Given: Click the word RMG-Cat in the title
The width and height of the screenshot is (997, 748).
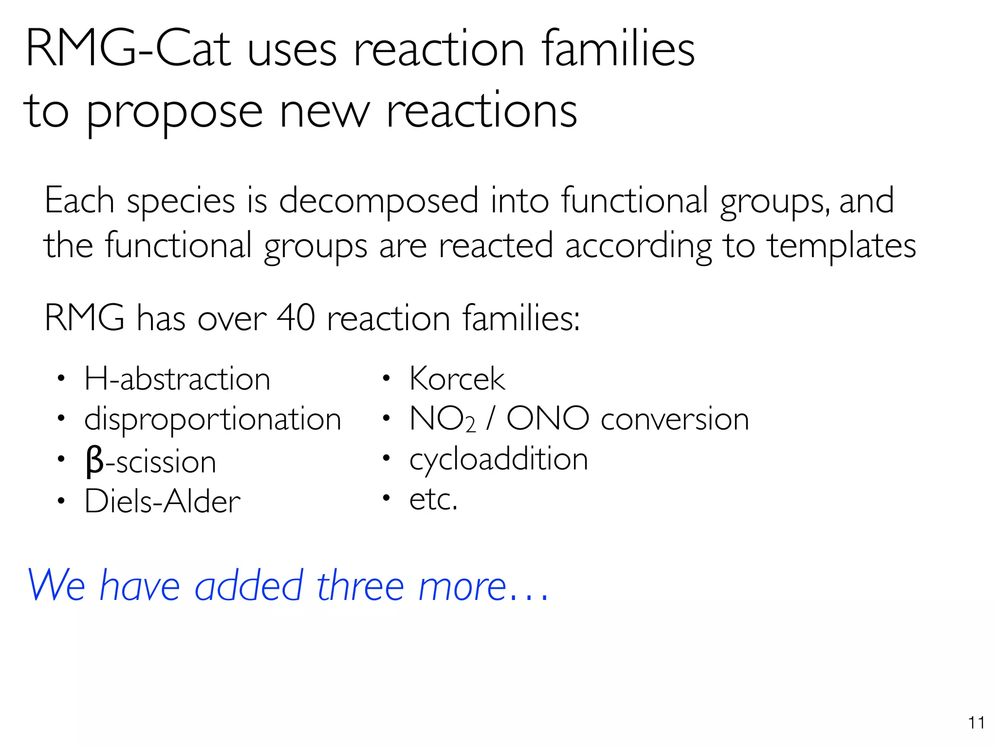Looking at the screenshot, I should [128, 49].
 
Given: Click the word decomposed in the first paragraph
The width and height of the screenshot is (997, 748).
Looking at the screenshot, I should [379, 201].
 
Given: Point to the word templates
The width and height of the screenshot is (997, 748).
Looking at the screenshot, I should [842, 245].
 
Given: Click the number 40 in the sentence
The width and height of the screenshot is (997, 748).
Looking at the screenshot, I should [295, 318].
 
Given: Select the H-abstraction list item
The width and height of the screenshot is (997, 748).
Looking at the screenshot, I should [177, 379].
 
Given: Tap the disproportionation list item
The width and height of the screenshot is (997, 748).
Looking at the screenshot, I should [213, 419].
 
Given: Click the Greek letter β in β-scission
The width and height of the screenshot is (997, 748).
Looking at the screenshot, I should [94, 462].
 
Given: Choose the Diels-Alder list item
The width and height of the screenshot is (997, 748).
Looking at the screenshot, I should [162, 501].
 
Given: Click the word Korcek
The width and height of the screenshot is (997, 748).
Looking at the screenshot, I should [457, 379].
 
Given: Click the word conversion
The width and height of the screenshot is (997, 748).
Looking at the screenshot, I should [675, 419].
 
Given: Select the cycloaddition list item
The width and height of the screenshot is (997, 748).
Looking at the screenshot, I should [498, 459].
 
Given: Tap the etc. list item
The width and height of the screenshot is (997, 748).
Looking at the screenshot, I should [433, 499].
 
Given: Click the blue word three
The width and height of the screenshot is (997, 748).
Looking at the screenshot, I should [360, 586].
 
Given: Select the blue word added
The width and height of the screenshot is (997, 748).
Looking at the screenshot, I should [249, 586].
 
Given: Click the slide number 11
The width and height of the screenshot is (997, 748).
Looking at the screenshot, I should [976, 723].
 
